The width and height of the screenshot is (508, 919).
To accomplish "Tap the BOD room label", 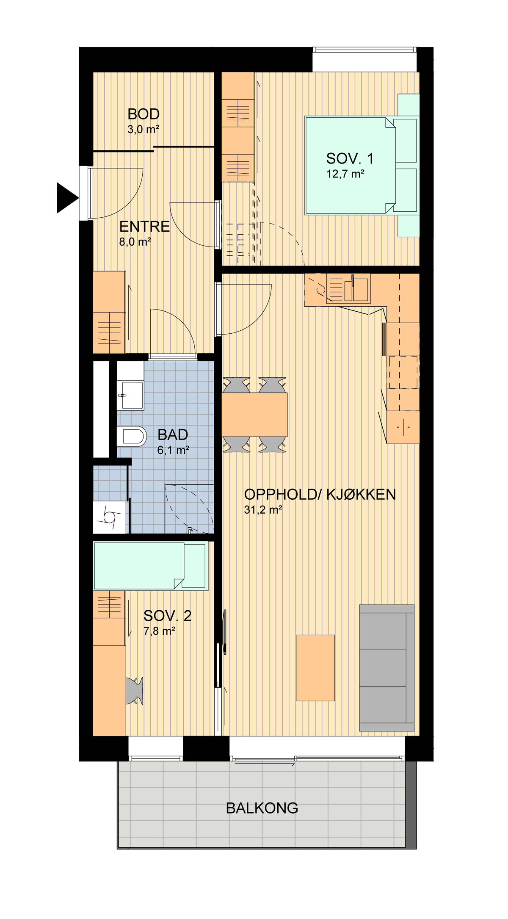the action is [x=144, y=114].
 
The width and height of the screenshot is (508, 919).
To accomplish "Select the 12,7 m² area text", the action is [x=345, y=174].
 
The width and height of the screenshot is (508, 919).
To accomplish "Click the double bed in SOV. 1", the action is [x=362, y=165].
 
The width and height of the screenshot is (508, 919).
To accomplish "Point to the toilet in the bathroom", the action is [x=132, y=436].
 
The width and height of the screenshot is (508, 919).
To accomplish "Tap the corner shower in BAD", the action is [x=189, y=509].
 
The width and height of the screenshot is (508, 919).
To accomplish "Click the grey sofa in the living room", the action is [x=387, y=668].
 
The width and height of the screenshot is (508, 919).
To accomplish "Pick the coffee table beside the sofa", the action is [x=315, y=668].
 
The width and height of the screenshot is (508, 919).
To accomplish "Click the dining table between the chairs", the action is [x=254, y=415].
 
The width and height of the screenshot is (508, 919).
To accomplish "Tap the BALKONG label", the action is [x=262, y=808].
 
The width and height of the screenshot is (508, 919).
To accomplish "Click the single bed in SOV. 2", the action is [x=151, y=566].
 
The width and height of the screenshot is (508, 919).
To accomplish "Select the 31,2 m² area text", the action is [x=263, y=510].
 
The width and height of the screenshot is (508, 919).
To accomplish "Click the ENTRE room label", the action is [x=144, y=227].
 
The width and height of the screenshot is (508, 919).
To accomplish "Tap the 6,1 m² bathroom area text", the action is [x=173, y=450].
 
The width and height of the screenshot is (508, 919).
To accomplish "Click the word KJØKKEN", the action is [x=361, y=494].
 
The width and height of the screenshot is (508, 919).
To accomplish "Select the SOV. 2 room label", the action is [x=167, y=616].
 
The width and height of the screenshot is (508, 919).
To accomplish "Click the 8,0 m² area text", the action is [x=135, y=242].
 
